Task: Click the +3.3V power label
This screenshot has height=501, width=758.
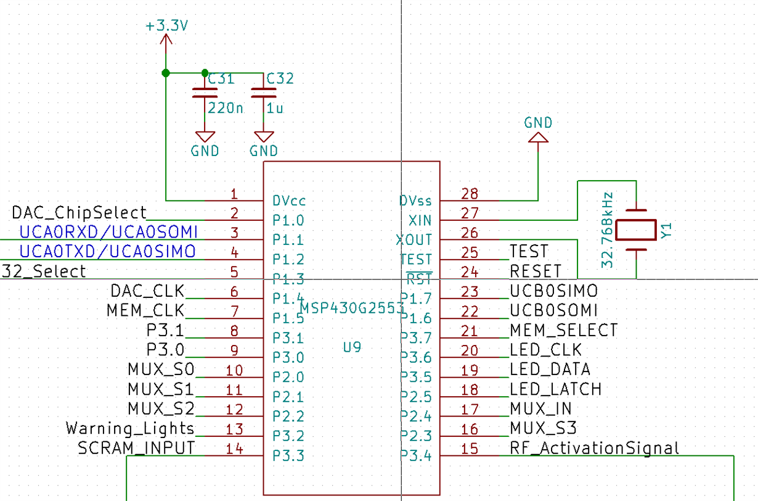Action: coord(166,27)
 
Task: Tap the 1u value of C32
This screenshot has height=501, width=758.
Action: coord(275,109)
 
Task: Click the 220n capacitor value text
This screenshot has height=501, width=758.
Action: coord(225,109)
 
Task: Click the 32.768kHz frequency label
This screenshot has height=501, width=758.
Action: coord(608,230)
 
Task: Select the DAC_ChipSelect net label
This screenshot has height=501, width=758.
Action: coord(79,213)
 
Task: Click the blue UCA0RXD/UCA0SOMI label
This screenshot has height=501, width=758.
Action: coord(108,233)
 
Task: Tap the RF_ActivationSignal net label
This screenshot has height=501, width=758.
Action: coord(594,448)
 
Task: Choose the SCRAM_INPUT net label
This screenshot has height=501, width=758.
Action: coord(136,448)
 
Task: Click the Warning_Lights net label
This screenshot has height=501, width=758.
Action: coord(130,428)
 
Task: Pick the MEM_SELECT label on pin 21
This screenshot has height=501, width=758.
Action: coord(563,331)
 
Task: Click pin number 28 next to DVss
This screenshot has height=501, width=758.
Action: coord(470,194)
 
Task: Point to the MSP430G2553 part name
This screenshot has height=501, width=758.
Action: coord(352,307)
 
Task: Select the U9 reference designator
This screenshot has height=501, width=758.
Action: coord(352,347)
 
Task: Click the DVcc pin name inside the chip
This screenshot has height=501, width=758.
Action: coord(289,201)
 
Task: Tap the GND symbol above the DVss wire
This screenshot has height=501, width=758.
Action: coord(539,138)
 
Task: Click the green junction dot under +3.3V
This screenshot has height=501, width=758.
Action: coord(166,73)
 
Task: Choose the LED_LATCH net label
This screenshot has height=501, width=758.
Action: coord(555,389)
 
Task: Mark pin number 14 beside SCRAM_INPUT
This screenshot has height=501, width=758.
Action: coord(234,449)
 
